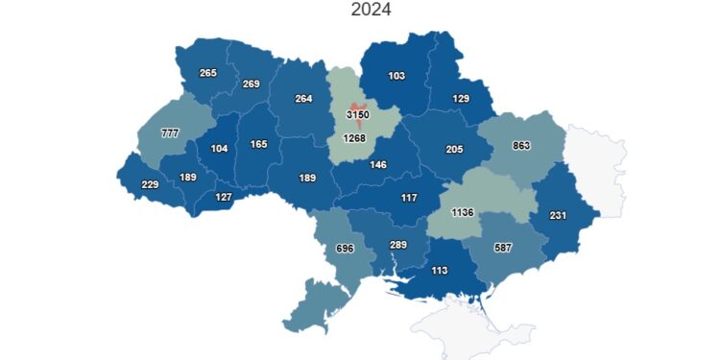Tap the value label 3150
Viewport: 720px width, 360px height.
pos(358,115)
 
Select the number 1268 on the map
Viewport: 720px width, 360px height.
pos(353,139)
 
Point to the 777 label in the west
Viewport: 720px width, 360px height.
pos(170,132)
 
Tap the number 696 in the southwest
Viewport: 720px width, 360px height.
pos(346,250)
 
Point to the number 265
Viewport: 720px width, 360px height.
pos(208,73)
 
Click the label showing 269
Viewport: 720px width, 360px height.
pos(252,84)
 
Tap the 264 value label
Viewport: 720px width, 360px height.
pos(303,98)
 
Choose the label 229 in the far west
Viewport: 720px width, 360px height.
pos(149,185)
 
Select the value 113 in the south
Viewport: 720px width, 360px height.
pos(441,270)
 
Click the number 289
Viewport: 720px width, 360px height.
pos(398,245)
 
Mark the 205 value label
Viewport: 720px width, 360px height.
pos(454,149)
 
